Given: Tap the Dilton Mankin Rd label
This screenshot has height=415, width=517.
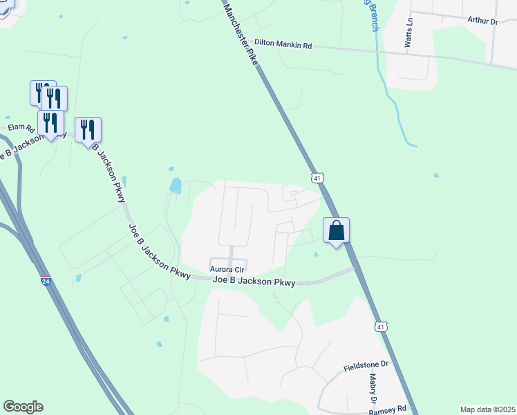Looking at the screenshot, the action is [x=283, y=44].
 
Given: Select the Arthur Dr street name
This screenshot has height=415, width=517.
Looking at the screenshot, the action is [x=482, y=21].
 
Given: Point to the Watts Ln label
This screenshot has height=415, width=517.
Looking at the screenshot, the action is [x=409, y=33].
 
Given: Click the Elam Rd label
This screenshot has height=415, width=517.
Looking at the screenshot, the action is [x=21, y=128].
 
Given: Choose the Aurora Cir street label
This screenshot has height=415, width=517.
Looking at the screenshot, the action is [x=228, y=269].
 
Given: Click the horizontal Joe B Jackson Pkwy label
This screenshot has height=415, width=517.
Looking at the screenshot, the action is [x=254, y=282].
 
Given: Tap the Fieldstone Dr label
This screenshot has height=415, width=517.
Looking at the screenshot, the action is [x=368, y=364].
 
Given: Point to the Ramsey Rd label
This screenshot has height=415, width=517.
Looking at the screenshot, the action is [x=392, y=409].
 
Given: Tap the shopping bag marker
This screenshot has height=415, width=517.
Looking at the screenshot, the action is [x=336, y=230].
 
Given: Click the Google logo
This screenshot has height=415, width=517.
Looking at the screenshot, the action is [x=23, y=407].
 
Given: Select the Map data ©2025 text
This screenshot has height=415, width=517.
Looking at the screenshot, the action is [x=487, y=409].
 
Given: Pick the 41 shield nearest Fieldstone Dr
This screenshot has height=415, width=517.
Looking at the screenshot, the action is [x=381, y=326].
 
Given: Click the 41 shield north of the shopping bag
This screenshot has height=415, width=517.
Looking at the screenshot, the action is [x=317, y=178].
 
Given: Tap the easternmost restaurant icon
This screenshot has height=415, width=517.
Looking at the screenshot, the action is [x=88, y=129].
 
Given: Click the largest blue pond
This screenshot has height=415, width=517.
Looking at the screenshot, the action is [x=176, y=185].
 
